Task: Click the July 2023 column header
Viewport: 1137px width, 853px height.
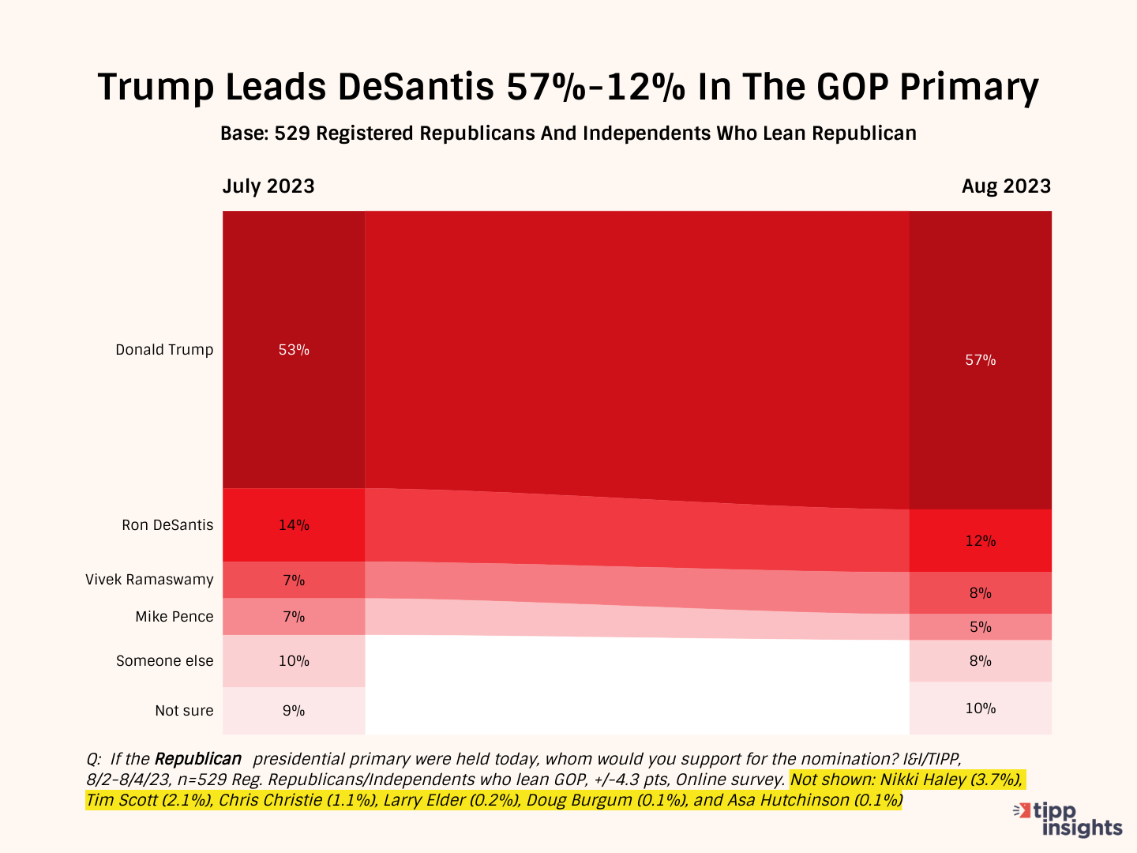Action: pyautogui.click(x=268, y=186)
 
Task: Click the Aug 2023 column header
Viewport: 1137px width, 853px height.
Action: pyautogui.click(x=1006, y=186)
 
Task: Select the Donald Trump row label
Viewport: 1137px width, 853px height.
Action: pyautogui.click(x=164, y=350)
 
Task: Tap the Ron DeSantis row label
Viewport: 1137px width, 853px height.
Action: pyautogui.click(x=167, y=525)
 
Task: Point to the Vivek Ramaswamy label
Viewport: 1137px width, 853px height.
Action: pyautogui.click(x=149, y=580)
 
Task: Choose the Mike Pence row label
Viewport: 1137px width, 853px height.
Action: pyautogui.click(x=174, y=617)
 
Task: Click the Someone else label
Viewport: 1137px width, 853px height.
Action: pyautogui.click(x=164, y=661)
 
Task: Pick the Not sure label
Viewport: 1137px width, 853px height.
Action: pyautogui.click(x=184, y=711)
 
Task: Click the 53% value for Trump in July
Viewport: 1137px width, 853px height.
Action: pyautogui.click(x=294, y=350)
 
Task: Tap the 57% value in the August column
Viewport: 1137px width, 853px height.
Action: pyautogui.click(x=980, y=360)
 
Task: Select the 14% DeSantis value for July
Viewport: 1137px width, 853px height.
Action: pyautogui.click(x=294, y=525)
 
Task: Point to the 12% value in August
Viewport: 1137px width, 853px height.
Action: pyautogui.click(x=980, y=541)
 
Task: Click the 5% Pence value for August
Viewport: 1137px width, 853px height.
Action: pyautogui.click(x=980, y=627)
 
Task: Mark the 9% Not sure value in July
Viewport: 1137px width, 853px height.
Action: pyautogui.click(x=294, y=711)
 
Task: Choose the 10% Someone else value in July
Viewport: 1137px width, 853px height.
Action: pyautogui.click(x=294, y=661)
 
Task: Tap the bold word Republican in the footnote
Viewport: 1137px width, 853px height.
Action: pyautogui.click(x=197, y=759)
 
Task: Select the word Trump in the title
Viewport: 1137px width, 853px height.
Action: pyautogui.click(x=155, y=87)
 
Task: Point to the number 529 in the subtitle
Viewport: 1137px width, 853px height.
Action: pyautogui.click(x=291, y=133)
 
